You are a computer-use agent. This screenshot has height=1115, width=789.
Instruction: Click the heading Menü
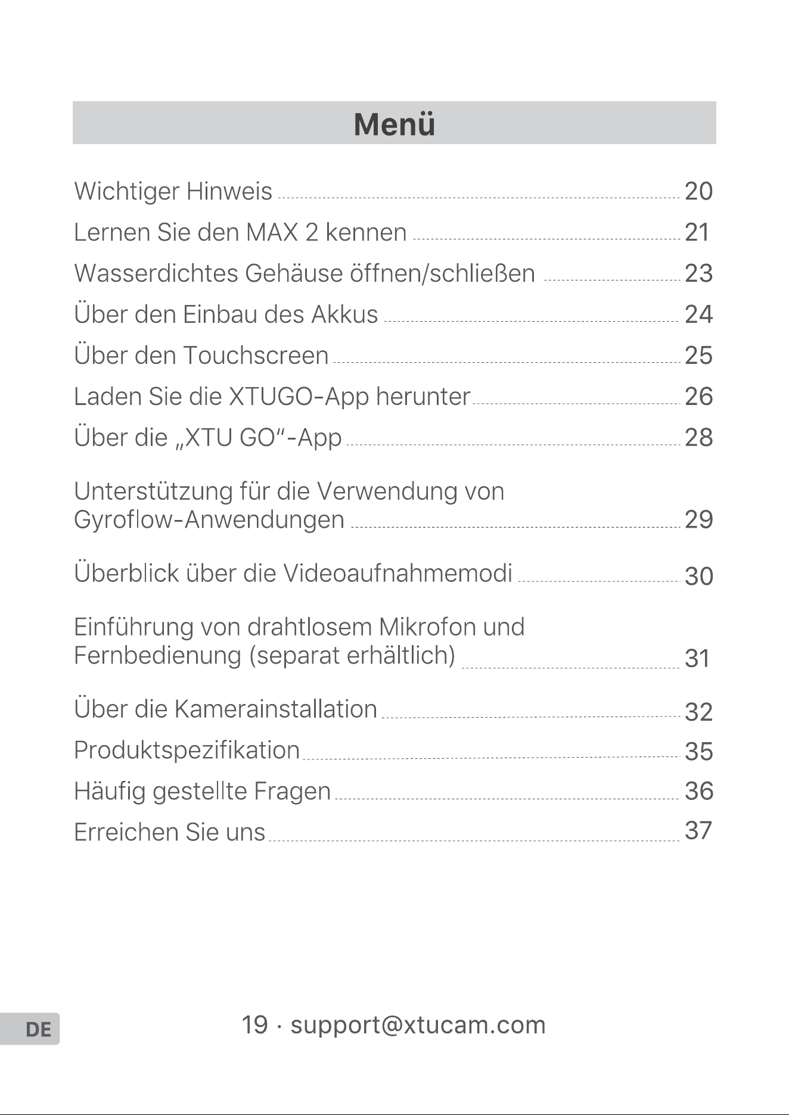point(394,124)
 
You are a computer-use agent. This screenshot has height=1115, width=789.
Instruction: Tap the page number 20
point(698,191)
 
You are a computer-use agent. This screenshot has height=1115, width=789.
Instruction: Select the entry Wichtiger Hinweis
point(173,192)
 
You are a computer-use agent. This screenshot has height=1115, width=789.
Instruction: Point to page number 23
point(698,273)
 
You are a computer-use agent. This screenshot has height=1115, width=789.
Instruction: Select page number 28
point(698,438)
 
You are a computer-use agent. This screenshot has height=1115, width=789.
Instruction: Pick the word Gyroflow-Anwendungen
point(209,520)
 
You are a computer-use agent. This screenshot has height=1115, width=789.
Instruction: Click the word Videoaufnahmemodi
point(397,573)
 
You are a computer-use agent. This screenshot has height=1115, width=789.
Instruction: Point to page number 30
point(698,576)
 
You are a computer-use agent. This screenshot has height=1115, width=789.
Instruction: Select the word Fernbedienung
point(157,656)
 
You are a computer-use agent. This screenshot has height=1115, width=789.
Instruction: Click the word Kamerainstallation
point(276,709)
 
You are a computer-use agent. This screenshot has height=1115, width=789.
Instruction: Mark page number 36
point(698,791)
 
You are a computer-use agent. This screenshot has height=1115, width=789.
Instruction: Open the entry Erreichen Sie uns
point(169,832)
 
